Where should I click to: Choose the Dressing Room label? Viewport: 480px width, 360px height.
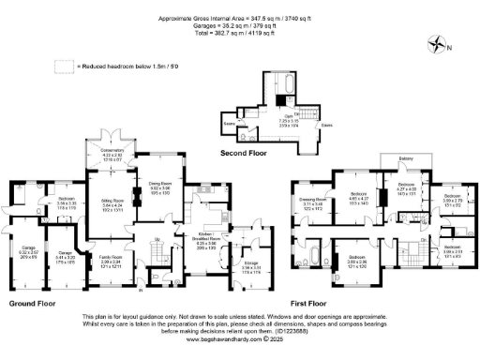click(312, 202)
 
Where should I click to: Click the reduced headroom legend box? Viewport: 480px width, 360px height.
click(64, 65)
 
